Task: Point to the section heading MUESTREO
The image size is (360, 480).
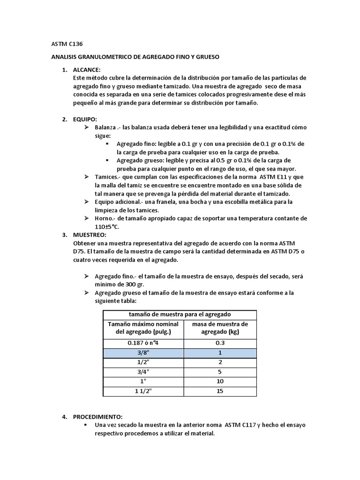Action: (90, 234)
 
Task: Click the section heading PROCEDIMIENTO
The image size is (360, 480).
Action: (98, 417)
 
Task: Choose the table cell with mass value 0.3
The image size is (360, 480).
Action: (220, 343)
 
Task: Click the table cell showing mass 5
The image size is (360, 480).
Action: (220, 372)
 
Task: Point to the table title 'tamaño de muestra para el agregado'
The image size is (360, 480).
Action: (180, 314)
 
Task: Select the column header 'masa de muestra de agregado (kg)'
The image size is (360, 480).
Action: (220, 328)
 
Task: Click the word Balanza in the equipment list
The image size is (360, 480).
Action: (105, 127)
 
